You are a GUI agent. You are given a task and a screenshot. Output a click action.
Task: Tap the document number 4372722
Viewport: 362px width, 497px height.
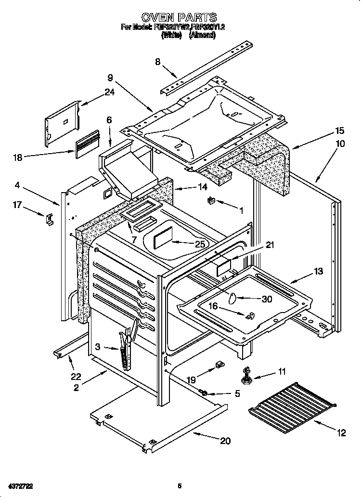coord(20,485)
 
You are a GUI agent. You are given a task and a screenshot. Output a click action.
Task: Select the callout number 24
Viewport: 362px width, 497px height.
coord(110,92)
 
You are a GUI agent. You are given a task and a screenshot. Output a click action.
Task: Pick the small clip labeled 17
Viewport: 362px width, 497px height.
coord(50,219)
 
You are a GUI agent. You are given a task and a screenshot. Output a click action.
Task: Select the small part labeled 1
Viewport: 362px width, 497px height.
coord(211,201)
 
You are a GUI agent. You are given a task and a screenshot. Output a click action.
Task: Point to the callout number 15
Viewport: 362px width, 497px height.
coord(340,131)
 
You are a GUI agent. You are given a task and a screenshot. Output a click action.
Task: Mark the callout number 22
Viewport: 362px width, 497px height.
coord(76,376)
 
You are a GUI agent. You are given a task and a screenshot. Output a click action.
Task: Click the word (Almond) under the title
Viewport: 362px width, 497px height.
coord(202,35)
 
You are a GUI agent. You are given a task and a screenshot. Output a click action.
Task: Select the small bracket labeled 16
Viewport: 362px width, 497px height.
coord(249,316)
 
